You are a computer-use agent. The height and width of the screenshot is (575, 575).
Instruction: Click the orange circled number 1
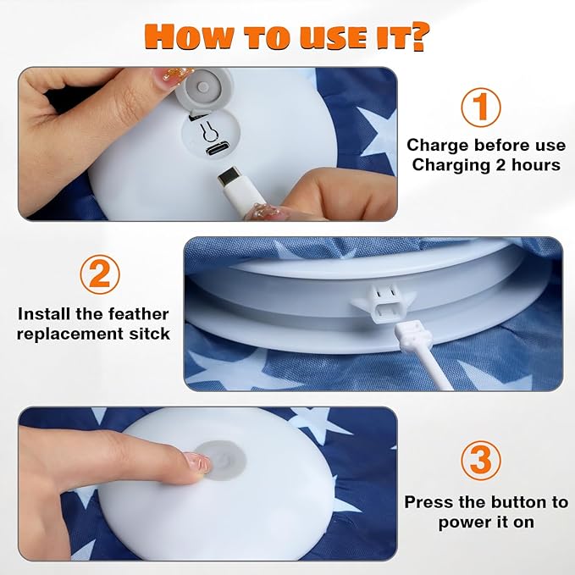click(480, 107)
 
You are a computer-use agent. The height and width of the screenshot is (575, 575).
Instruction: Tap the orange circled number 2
click(100, 274)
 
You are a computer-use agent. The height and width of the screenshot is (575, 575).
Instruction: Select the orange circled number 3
click(480, 461)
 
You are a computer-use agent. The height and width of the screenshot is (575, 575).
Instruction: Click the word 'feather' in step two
click(138, 314)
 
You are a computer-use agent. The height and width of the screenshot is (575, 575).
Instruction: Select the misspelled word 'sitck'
click(150, 334)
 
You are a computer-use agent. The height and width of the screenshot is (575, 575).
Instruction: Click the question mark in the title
click(417, 36)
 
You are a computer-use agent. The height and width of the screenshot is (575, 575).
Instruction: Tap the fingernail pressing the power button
click(197, 463)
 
